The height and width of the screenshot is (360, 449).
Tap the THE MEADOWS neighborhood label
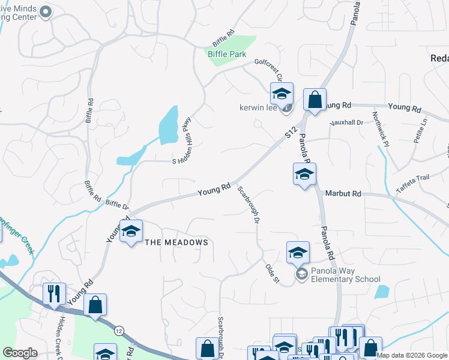click(176, 242)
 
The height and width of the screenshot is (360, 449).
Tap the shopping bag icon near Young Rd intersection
click(315, 100)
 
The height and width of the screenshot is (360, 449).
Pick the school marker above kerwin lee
click(281, 94)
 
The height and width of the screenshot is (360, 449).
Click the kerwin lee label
click(257, 109)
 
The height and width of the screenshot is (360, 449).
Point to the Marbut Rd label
click(343, 194)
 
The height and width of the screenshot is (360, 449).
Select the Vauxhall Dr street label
click(347, 123)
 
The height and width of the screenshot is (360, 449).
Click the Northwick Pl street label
click(381, 129)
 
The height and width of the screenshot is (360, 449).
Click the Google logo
click(20, 352)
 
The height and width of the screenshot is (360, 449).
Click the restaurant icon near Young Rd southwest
click(54, 294)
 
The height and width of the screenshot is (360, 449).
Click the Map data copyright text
click(412, 355)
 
